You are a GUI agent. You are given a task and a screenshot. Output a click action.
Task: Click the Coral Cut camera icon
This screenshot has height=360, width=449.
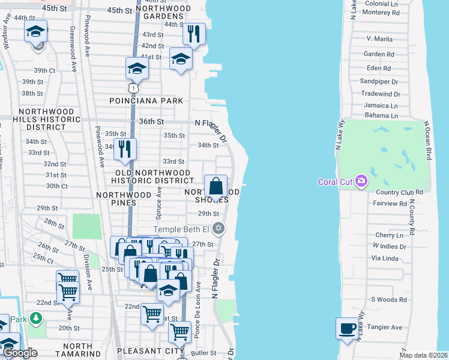361,181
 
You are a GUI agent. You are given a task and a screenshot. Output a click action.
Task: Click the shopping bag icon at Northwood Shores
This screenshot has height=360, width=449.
216,186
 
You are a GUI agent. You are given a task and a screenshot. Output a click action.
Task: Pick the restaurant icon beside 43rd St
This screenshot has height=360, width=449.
194,34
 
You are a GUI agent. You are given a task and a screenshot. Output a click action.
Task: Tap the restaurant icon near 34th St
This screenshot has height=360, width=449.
125,149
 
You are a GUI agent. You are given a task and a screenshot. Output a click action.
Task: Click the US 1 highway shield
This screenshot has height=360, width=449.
137,89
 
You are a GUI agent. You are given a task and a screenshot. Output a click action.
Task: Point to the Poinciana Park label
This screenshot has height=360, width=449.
146,101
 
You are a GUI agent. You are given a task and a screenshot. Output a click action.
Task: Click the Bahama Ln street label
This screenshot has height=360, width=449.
381,115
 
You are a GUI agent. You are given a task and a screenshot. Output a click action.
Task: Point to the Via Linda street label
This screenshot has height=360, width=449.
385,259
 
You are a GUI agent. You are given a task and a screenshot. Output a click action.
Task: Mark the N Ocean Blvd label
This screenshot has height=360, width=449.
427,140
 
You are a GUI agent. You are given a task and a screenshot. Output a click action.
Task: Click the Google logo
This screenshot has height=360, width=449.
20,353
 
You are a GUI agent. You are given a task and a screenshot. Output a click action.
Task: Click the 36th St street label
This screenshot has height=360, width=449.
151,121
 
